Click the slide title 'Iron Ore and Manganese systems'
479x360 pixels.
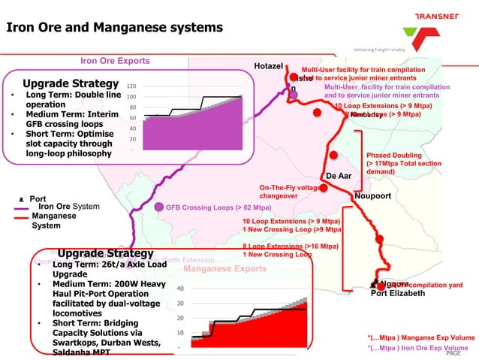pyautogui.click(x=115, y=28)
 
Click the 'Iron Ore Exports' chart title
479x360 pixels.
pyautogui.click(x=115, y=61)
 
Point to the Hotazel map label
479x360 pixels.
pyautogui.click(x=269, y=67)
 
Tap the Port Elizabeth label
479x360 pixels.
pyautogui.click(x=398, y=293)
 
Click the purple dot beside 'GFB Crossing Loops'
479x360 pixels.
pyautogui.click(x=158, y=207)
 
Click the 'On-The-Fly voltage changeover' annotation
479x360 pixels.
pyautogui.click(x=290, y=191)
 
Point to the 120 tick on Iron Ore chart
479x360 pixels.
pyautogui.click(x=131, y=86)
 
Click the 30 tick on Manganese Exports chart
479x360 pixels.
pyautogui.click(x=180, y=303)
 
